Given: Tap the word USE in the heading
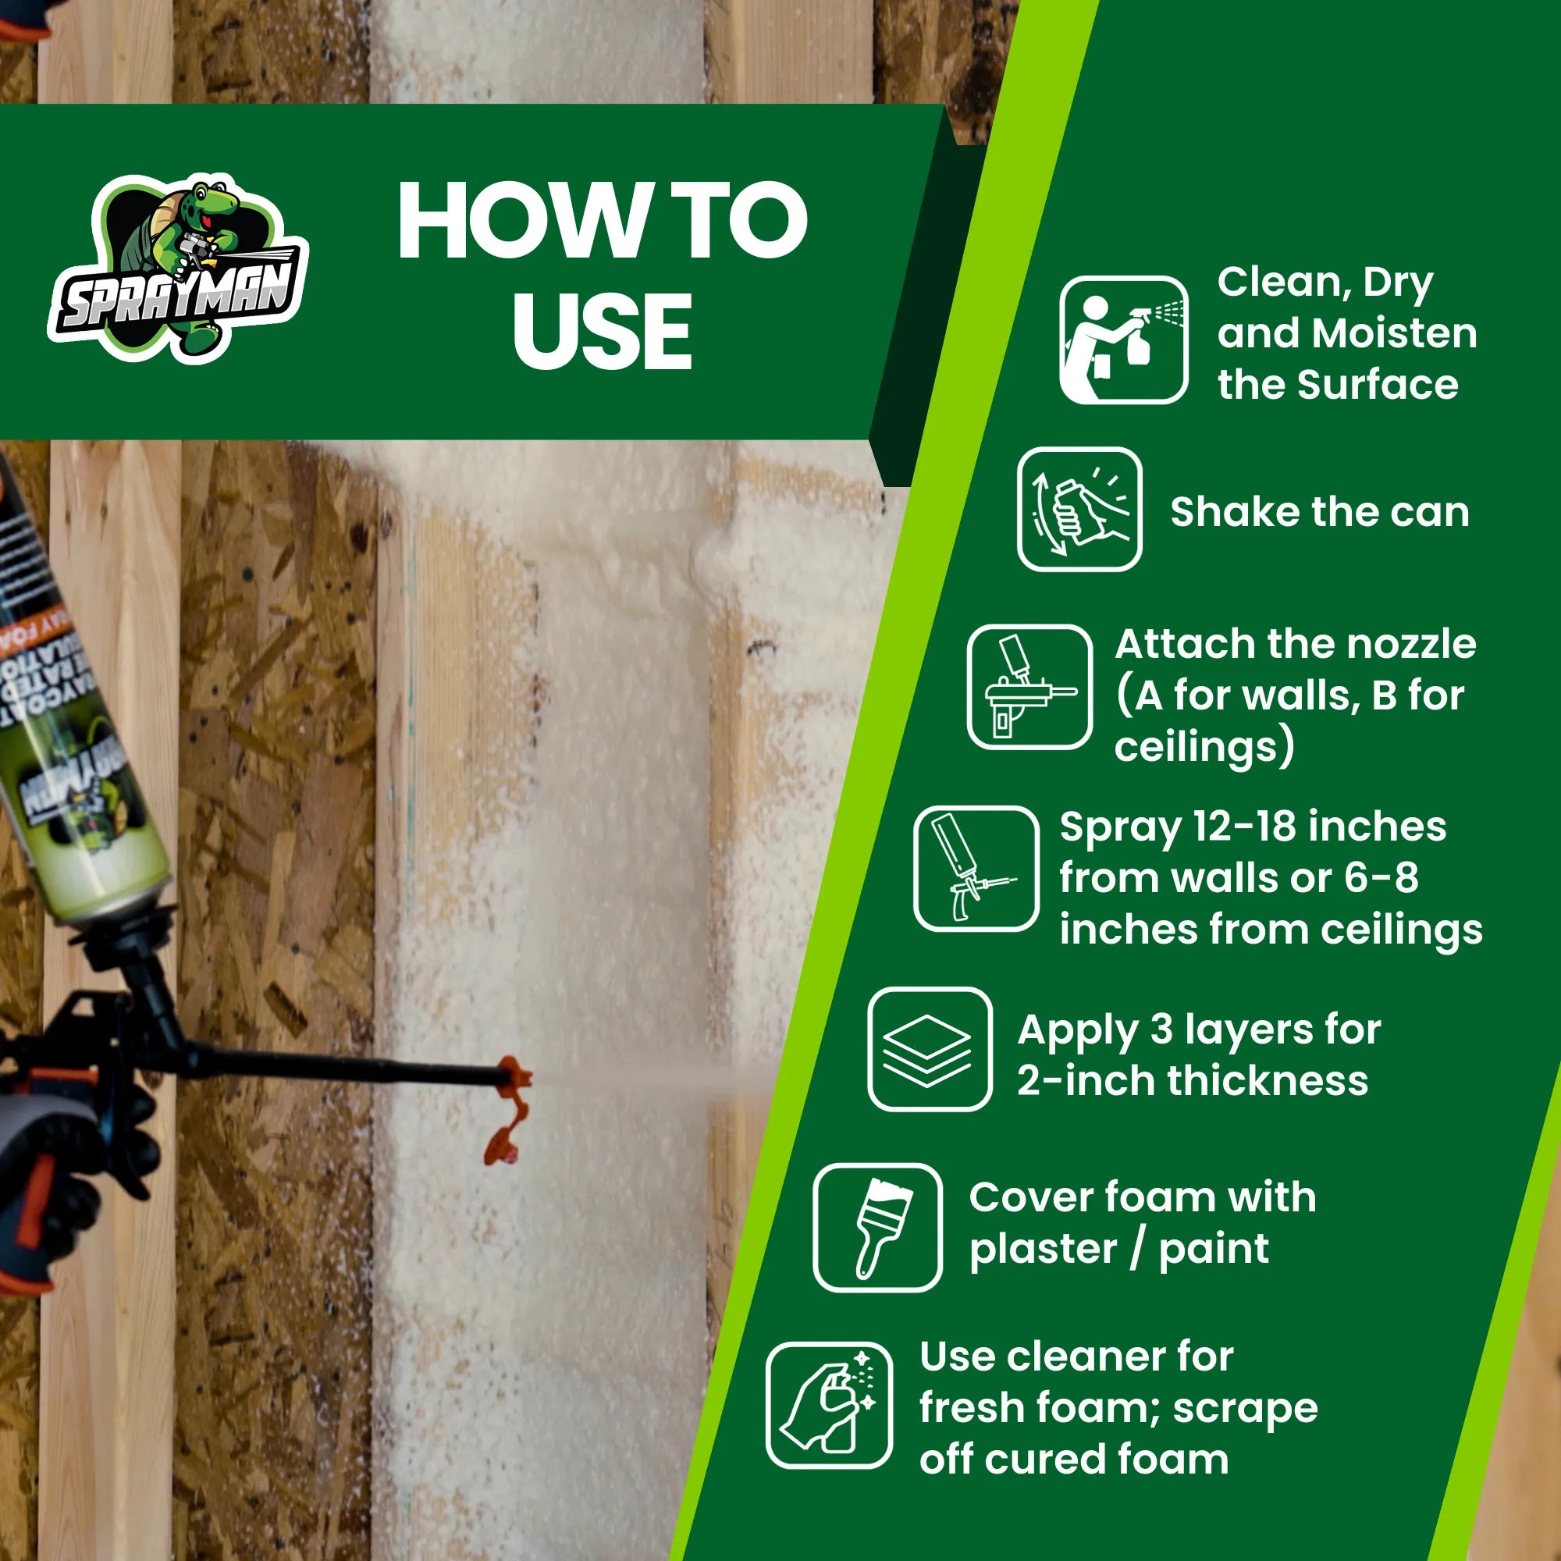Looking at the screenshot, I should tap(602, 331).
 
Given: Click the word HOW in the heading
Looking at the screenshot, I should tap(517, 220).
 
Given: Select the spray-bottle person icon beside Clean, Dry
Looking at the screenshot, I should tap(1123, 340).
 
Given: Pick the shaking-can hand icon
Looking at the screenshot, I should tap(1079, 509).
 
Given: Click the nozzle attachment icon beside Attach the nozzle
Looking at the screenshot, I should tap(1029, 687).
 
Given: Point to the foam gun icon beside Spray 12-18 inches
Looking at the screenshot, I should tap(976, 869).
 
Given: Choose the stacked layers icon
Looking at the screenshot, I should tap(929, 1049).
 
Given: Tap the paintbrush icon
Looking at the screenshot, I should tap(877, 1226).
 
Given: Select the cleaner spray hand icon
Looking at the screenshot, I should tap(829, 1406).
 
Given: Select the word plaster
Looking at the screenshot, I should tap(1043, 1249).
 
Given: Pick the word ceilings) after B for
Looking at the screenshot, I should tap(1204, 748).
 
